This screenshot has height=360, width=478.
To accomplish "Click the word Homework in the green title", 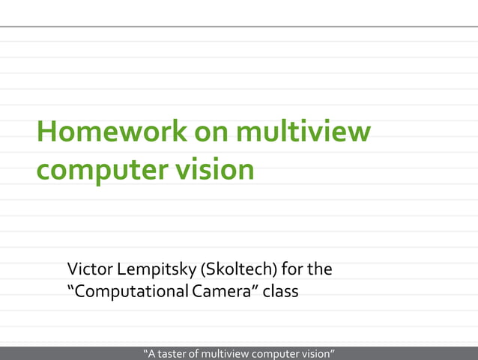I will tap(112, 133).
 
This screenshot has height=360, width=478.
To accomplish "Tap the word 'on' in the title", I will tap(212, 133).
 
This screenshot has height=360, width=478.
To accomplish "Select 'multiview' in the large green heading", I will tap(303, 133).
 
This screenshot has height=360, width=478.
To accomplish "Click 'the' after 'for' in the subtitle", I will tap(321, 268).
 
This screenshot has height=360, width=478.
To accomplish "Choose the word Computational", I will tap(130, 291).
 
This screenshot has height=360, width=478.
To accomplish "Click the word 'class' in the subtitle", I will tap(282, 291).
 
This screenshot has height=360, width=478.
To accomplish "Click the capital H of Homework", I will tap(46, 133).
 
